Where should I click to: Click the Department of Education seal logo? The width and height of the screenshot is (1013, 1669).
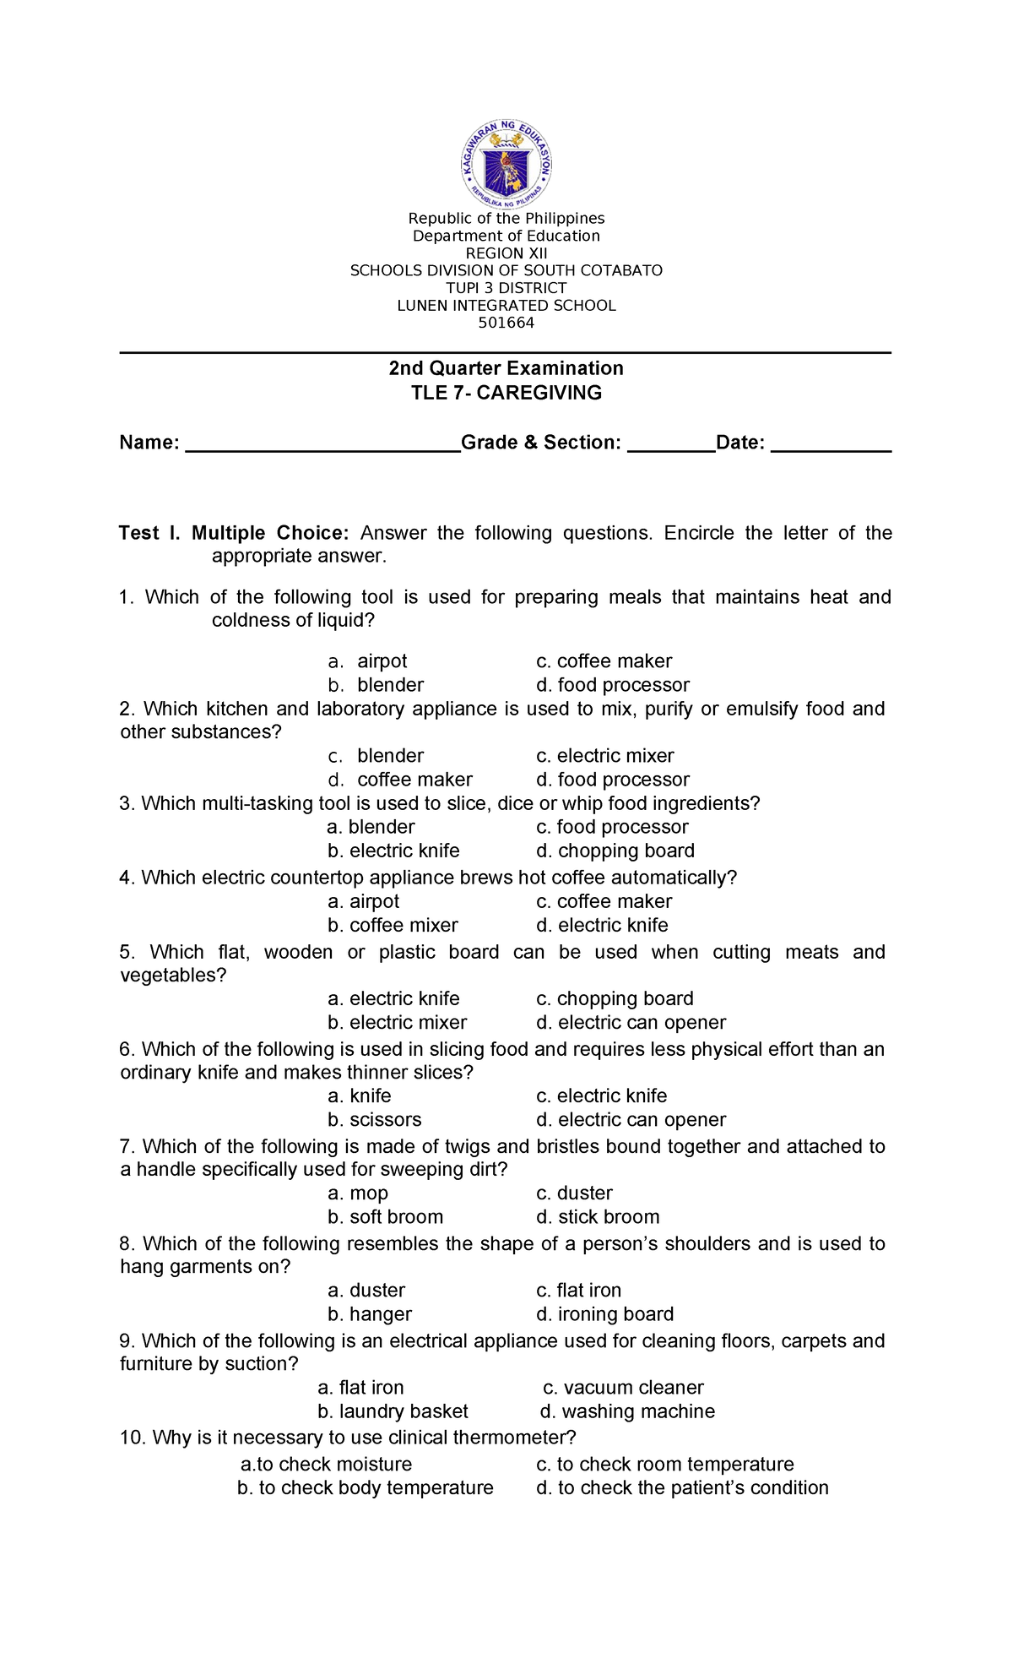(x=506, y=163)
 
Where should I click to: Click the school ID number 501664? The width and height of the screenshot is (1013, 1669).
(x=506, y=323)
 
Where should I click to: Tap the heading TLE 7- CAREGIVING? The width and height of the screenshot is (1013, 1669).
(x=506, y=393)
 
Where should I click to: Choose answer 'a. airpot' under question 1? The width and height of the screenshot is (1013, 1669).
(x=369, y=661)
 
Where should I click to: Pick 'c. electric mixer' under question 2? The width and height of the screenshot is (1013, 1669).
(x=604, y=756)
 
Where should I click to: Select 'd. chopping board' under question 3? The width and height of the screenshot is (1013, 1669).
(x=615, y=851)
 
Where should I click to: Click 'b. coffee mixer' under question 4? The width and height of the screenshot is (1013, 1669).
(x=393, y=925)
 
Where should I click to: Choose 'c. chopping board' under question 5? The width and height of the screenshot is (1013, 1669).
(x=615, y=998)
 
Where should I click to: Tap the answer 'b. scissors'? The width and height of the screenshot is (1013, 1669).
(x=374, y=1119)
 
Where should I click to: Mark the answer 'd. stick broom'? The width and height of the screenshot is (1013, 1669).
(x=598, y=1216)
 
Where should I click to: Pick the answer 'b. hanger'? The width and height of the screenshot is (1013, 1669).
(x=370, y=1313)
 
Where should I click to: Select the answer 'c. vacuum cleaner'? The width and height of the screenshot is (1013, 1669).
(x=623, y=1387)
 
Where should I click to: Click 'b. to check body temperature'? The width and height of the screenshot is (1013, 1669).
(x=365, y=1487)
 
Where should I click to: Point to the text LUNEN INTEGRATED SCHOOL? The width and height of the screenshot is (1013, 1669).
(x=506, y=306)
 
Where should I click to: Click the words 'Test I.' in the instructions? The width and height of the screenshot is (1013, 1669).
(x=149, y=533)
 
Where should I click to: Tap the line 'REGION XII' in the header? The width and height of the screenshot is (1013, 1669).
(x=506, y=253)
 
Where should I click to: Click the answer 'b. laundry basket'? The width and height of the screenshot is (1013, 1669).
(x=393, y=1411)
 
